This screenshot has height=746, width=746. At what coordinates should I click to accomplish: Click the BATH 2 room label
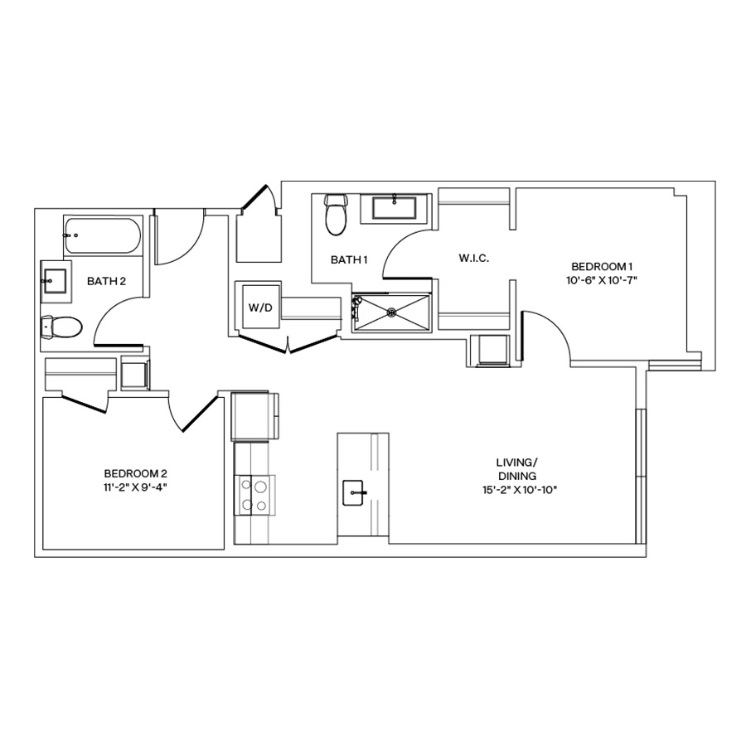(x=106, y=282)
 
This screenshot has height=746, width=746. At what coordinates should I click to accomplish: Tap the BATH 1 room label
(x=349, y=260)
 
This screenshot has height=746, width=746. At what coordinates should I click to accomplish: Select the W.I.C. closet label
(x=474, y=259)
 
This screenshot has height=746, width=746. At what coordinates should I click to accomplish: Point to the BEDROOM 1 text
(x=603, y=266)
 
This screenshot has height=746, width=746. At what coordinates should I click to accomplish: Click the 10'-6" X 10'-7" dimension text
(x=603, y=280)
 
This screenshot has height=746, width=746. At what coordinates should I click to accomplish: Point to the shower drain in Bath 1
(x=391, y=312)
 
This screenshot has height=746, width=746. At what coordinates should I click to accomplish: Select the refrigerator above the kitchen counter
(x=254, y=417)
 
